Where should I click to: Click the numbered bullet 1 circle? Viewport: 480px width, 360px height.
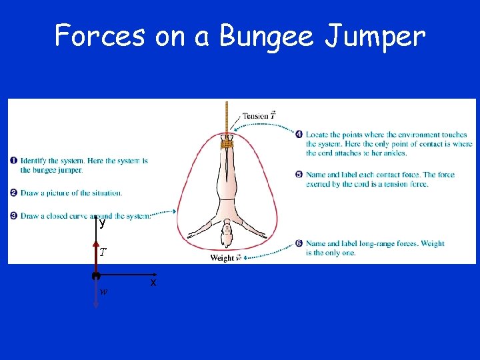click(14, 161)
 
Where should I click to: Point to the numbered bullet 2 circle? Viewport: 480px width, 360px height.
click(14, 193)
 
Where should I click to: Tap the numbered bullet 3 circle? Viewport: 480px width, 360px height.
click(14, 215)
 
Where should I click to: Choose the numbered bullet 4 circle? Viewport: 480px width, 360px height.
click(299, 134)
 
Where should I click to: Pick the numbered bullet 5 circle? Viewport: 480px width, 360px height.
click(299, 175)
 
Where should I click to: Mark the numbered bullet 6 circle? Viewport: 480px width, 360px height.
click(299, 243)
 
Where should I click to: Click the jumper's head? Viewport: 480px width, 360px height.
click(227, 234)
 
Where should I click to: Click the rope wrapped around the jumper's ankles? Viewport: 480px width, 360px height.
click(227, 142)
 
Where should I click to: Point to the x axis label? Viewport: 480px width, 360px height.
click(153, 283)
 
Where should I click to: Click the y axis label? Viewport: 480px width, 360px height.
click(102, 224)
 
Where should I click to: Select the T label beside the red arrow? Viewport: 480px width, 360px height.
click(103, 252)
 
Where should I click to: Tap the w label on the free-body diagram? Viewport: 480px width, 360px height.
click(103, 291)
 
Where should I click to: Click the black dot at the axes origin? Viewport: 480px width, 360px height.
click(96, 275)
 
